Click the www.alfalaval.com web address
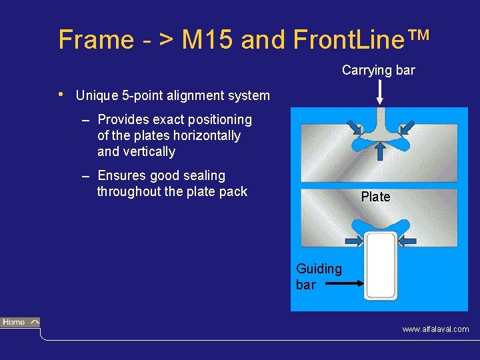click(435, 329)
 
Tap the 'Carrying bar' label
click(378, 70)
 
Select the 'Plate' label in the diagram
click(375, 197)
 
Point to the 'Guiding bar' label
click(319, 277)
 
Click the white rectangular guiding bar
click(381, 267)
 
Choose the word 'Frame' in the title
click(95, 40)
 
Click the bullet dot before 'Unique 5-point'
click(61, 94)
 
